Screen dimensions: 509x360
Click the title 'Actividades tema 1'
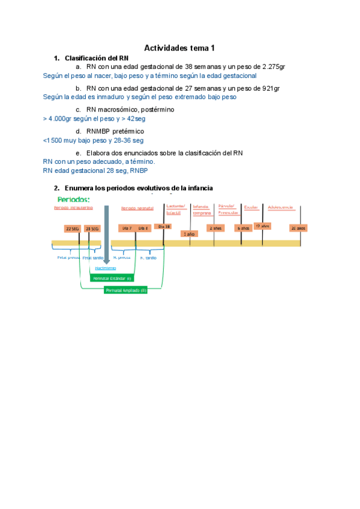[179, 48]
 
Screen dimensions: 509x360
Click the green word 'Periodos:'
[73, 199]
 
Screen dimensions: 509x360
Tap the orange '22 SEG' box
[73, 229]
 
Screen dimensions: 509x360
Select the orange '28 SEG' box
[92, 229]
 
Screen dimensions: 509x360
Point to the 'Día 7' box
[127, 229]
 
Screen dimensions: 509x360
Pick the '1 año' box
[188, 233]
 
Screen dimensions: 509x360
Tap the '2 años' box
[215, 228]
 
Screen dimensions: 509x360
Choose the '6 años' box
[242, 228]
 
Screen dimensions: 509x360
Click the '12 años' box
[262, 226]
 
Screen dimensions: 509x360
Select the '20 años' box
[298, 228]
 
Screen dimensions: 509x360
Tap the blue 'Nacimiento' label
[106, 268]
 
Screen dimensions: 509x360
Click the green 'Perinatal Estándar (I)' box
[112, 279]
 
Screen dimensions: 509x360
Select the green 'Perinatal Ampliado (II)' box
[125, 290]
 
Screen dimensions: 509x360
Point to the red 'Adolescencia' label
[280, 208]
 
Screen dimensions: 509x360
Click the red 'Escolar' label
[251, 208]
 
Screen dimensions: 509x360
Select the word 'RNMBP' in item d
[98, 131]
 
